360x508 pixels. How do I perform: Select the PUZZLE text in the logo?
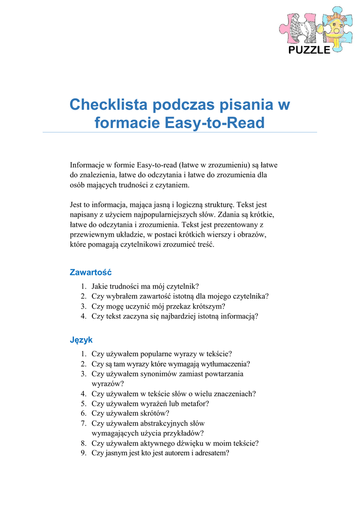(309, 50)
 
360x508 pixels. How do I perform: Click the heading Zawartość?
(90, 272)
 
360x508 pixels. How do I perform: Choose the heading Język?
(80, 340)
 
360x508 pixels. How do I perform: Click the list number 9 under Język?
(84, 453)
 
